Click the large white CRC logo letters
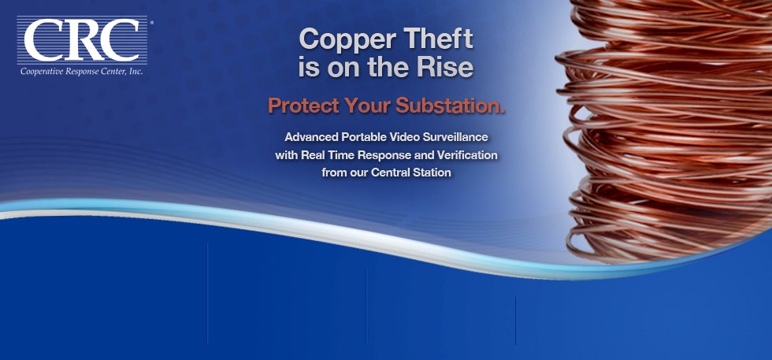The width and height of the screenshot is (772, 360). click(82, 40)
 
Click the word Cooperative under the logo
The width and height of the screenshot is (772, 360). click(39, 72)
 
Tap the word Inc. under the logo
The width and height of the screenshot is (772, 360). click(135, 72)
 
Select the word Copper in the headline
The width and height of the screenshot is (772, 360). click(337, 39)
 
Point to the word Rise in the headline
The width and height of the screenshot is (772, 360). click(445, 68)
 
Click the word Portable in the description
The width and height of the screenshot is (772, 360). click(363, 136)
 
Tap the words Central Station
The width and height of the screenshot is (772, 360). click(411, 173)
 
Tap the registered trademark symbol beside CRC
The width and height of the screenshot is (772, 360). click(151, 23)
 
